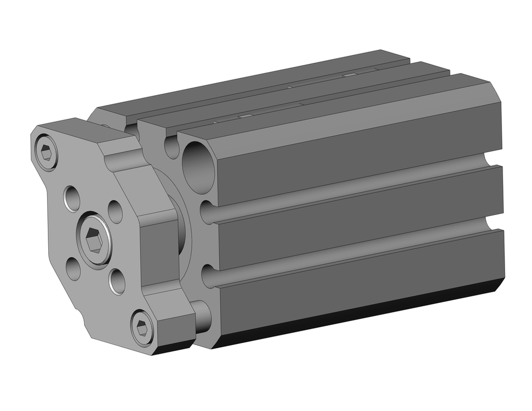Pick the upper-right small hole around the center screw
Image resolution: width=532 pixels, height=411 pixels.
tap(115, 211)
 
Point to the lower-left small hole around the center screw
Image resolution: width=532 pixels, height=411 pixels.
tap(73, 268)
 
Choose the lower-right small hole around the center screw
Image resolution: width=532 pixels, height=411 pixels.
tap(117, 281)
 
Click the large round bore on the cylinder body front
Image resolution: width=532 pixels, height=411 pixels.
tap(198, 168)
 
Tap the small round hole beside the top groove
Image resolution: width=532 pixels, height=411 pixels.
tap(171, 146)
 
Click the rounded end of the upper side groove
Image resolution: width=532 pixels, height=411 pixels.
tap(208, 211)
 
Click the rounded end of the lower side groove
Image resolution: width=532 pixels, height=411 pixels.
tap(209, 277)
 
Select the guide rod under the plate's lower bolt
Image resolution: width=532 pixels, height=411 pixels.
tap(202, 317)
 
